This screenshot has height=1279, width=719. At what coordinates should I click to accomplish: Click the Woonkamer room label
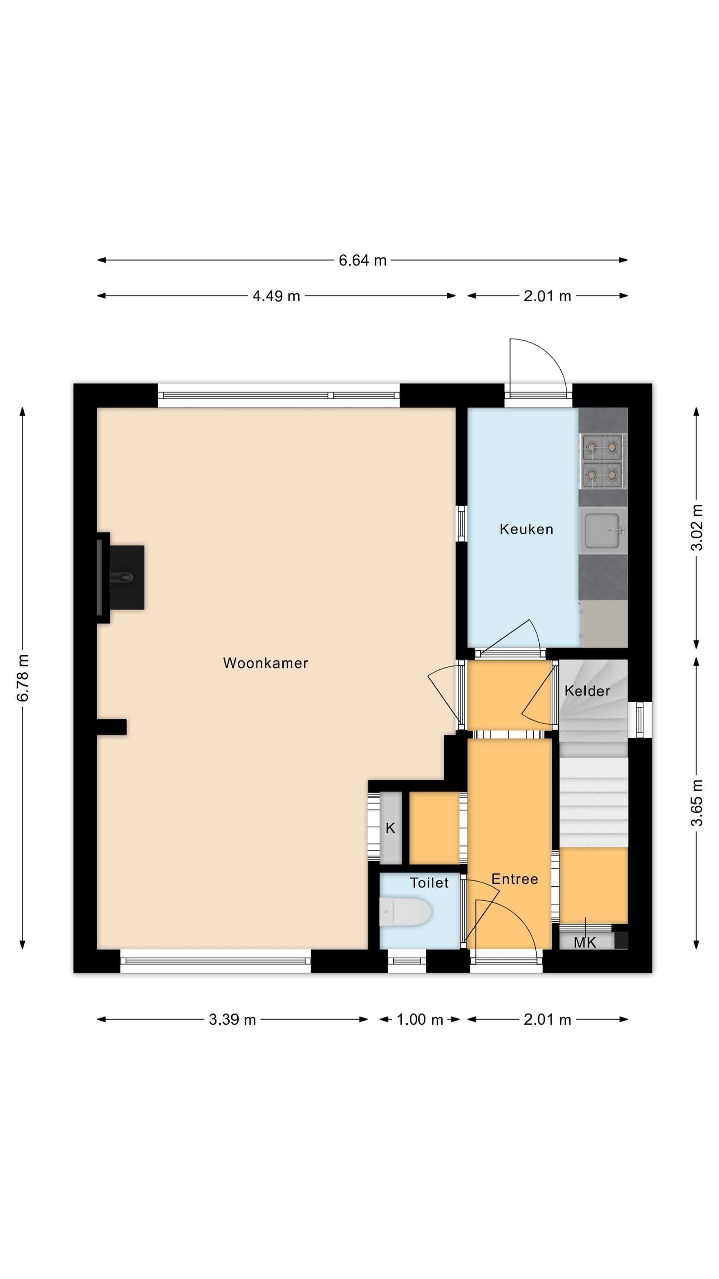click(x=265, y=663)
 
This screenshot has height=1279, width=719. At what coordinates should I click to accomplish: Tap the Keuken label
click(x=526, y=529)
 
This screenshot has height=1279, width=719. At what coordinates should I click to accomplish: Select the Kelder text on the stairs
click(x=587, y=691)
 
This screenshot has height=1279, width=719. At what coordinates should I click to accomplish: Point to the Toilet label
click(x=429, y=883)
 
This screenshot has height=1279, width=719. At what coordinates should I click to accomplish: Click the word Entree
click(x=515, y=879)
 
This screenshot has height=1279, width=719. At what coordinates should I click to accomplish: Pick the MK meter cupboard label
click(x=584, y=942)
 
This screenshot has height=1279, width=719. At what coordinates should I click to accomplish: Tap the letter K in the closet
click(x=390, y=828)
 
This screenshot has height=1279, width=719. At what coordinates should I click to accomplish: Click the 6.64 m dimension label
click(x=362, y=260)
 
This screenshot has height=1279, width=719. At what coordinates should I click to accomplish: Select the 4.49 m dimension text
click(x=276, y=296)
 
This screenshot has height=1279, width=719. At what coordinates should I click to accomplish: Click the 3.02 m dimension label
click(x=697, y=527)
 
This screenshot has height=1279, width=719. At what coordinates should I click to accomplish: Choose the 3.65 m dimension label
click(x=697, y=803)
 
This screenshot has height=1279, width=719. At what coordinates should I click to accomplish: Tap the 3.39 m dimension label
click(x=232, y=1019)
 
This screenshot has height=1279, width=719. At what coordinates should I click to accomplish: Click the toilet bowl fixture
click(x=406, y=912)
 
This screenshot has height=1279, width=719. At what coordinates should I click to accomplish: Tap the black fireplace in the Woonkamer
click(x=121, y=577)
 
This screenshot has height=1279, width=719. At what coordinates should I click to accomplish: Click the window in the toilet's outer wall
click(x=406, y=961)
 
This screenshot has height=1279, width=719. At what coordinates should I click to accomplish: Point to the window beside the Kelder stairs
click(x=640, y=720)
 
